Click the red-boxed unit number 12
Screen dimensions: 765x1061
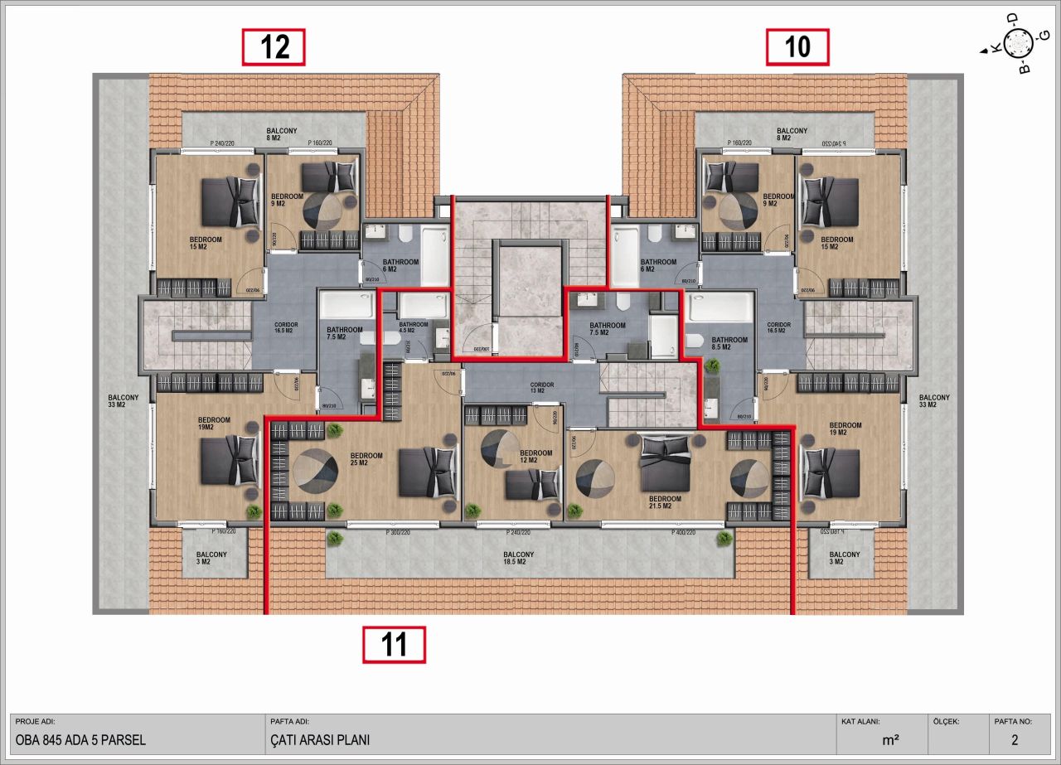click(274, 46)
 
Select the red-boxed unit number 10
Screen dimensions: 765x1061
click(797, 46)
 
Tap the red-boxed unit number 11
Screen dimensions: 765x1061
click(394, 645)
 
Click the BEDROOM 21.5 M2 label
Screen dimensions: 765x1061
click(665, 502)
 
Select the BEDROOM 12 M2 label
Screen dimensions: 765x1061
click(535, 458)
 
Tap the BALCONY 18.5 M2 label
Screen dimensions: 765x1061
click(518, 558)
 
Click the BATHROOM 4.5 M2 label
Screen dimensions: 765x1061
click(413, 328)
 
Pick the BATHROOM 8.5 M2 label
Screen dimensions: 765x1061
click(729, 343)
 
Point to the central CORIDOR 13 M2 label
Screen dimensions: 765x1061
click(542, 388)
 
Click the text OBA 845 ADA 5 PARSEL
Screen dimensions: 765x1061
click(80, 740)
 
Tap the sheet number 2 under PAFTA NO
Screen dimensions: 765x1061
click(1015, 740)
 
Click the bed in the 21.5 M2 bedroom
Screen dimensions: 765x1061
click(664, 463)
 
